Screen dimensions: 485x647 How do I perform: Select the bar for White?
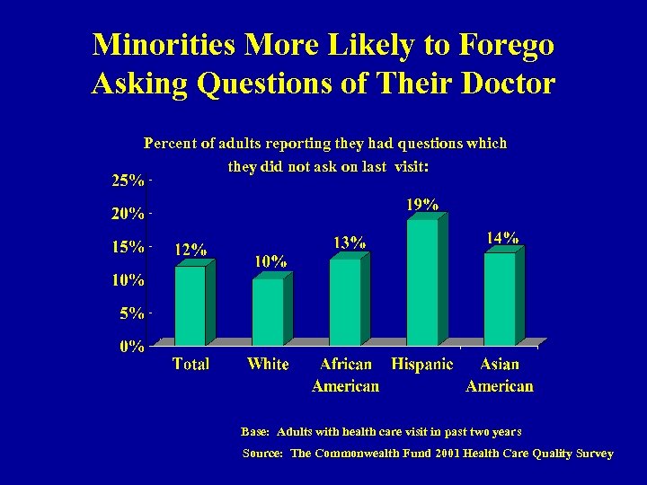pos(268,312)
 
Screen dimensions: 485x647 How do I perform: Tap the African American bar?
pos(345,302)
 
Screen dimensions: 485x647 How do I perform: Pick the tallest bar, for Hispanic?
pos(422,282)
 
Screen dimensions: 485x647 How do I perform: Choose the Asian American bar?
pos(500,298)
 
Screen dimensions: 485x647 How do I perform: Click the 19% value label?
pos(422,205)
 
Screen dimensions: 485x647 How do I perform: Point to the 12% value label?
pos(190,251)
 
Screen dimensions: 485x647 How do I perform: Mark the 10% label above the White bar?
pos(270,262)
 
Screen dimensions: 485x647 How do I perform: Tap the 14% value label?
pos(501,238)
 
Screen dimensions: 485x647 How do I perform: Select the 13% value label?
pos(349,242)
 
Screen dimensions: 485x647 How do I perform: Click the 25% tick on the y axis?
pos(128,181)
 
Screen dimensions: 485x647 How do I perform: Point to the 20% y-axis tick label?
pos(128,214)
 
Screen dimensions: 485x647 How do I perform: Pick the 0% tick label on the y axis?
pos(133,347)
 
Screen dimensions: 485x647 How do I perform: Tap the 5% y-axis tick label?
pos(131,313)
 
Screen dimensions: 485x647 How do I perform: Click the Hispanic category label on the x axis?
pos(422,364)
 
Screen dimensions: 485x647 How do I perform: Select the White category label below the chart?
pos(268,364)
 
